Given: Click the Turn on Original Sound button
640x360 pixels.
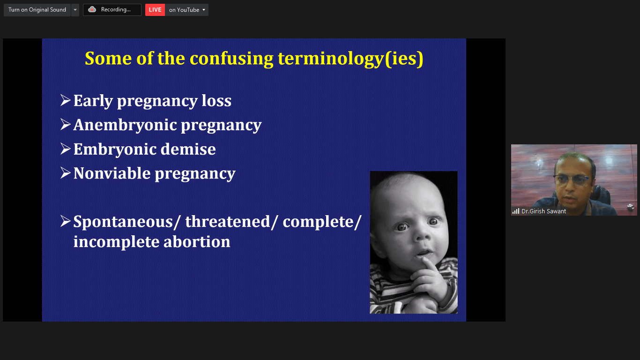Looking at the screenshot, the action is click(37, 10).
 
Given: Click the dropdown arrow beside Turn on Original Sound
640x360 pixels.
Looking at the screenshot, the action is click(75, 10).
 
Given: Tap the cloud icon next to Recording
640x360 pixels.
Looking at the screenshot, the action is click(92, 9).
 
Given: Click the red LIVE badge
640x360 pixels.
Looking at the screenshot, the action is click(155, 10).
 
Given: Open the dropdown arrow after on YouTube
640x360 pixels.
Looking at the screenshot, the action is click(204, 10).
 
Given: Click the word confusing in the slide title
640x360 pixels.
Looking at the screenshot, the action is click(231, 59).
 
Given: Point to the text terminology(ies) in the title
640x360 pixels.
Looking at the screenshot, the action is click(350, 59).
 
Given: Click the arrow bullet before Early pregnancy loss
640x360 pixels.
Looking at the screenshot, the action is click(66, 100).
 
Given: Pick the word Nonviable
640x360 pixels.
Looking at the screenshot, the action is click(112, 173).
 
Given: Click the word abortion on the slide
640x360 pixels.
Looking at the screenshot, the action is click(197, 241).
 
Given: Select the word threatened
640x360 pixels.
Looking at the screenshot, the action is click(228, 222).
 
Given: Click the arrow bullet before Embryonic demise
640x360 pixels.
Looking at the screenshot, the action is click(66, 149).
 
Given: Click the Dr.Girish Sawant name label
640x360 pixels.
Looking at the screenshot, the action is click(543, 211).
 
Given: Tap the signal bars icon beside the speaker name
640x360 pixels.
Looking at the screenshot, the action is click(516, 211).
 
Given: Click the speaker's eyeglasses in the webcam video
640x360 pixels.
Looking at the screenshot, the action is click(572, 180).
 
